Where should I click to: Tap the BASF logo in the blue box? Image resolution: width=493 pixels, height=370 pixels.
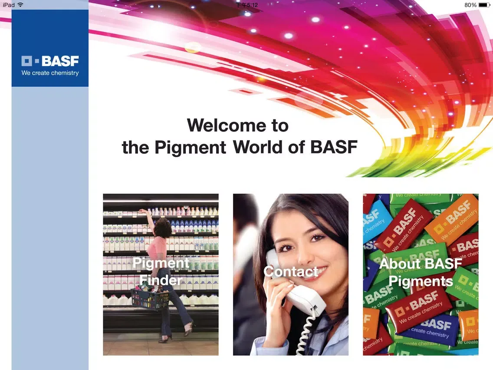(x=50, y=61)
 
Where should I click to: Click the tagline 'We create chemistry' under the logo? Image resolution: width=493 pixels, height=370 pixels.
(x=50, y=73)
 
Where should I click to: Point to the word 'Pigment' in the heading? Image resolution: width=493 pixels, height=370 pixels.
(x=190, y=147)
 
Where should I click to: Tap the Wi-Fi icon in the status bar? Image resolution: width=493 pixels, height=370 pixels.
(x=20, y=5)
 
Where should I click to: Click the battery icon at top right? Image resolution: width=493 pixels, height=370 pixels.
(x=484, y=5)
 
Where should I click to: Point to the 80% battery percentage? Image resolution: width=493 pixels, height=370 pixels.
(x=470, y=5)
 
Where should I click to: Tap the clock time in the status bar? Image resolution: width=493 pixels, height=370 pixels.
(x=247, y=5)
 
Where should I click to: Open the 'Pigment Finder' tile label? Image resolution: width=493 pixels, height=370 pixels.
(x=161, y=271)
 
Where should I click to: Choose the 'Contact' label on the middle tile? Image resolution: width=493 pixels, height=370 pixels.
(x=291, y=271)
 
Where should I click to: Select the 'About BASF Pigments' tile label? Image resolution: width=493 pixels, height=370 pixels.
(x=421, y=272)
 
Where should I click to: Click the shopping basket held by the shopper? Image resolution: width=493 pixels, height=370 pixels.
(x=150, y=299)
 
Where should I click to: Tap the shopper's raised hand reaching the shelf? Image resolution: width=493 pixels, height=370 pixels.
(x=143, y=211)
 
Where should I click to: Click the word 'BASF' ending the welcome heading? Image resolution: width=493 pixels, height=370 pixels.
(x=334, y=147)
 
